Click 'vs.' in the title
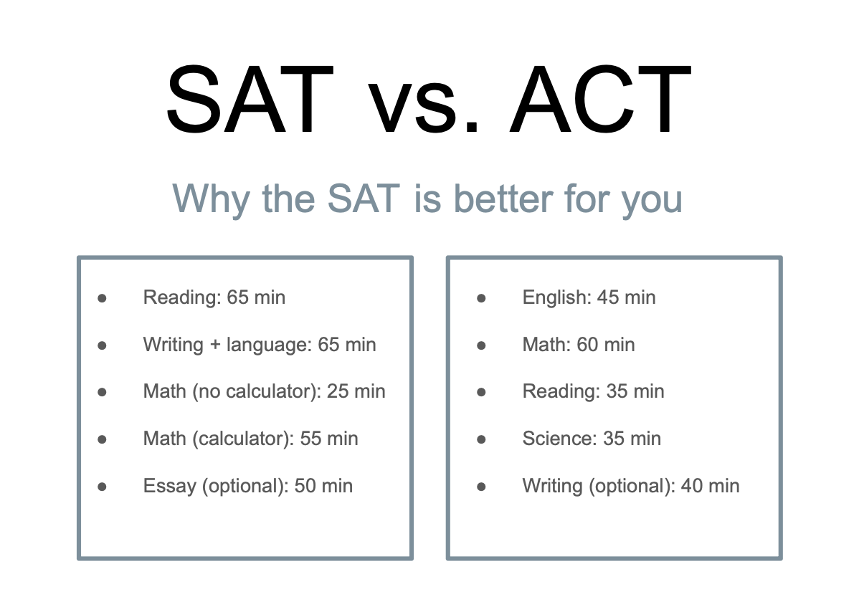point(423,107)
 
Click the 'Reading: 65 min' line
point(214,297)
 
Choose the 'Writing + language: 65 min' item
point(259,345)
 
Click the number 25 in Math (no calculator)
point(338,391)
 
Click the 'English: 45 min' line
point(589,297)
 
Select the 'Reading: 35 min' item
point(593,391)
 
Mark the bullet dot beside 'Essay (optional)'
point(102,487)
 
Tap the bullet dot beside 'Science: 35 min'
point(481,439)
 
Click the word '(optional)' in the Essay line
point(243,487)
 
